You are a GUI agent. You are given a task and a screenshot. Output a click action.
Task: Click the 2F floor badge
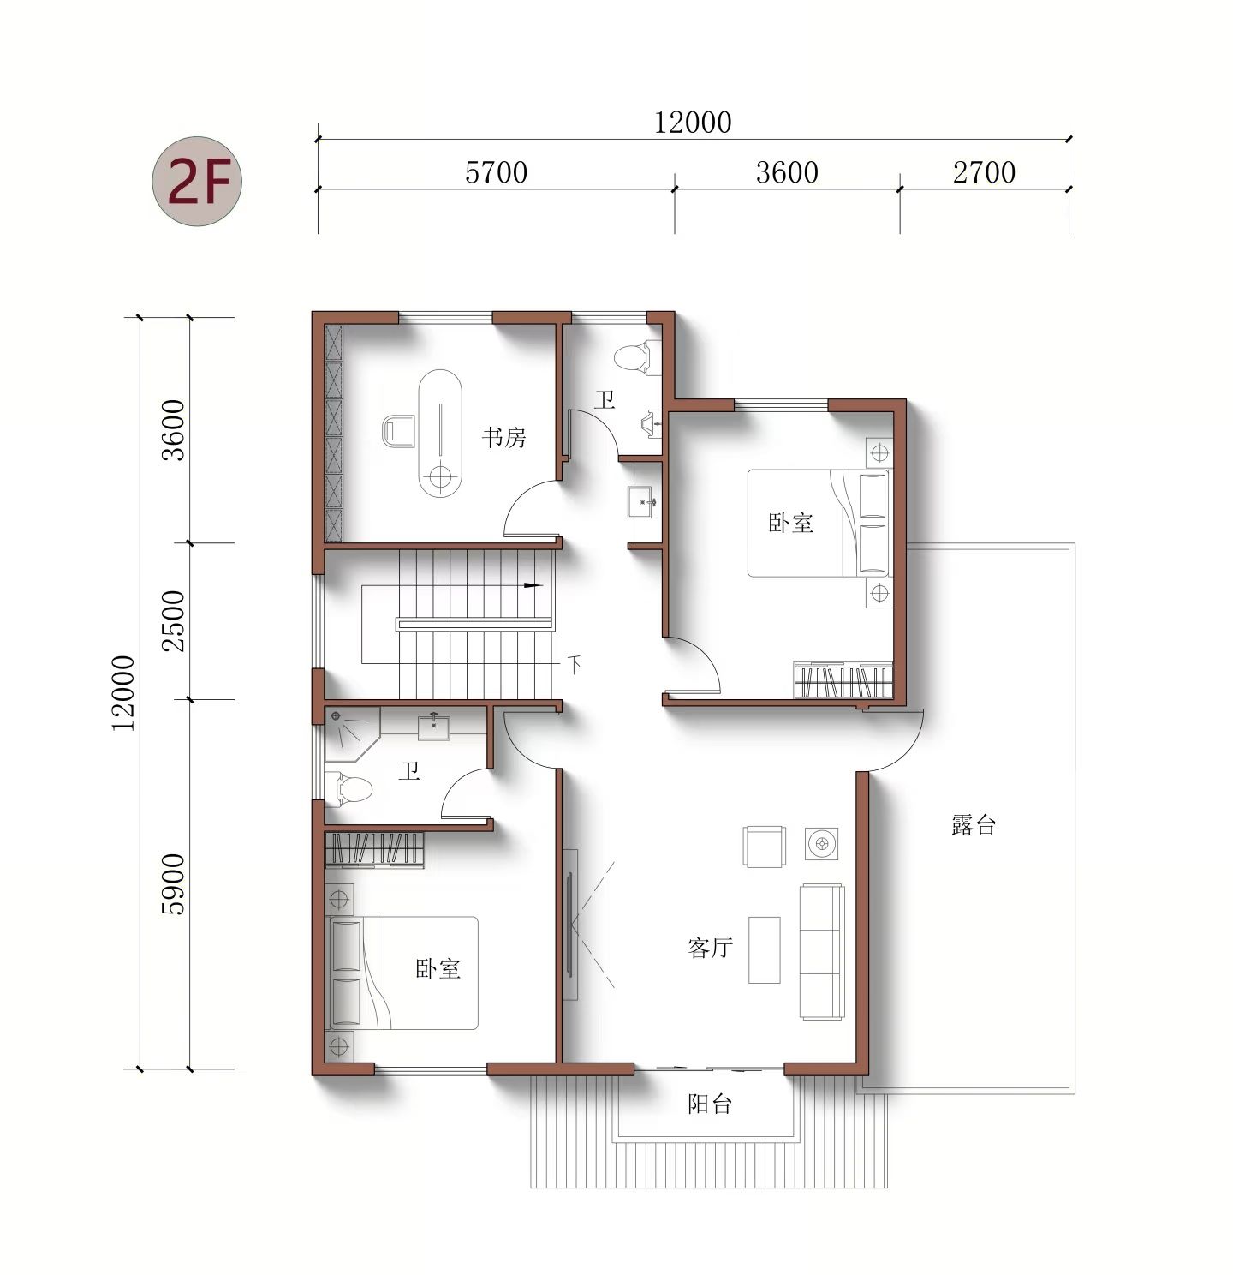pos(198,181)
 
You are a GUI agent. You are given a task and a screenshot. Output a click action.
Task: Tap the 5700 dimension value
pos(496,172)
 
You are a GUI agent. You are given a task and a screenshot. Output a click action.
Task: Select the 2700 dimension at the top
pos(984,172)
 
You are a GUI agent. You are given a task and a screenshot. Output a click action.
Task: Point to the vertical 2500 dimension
pos(174,620)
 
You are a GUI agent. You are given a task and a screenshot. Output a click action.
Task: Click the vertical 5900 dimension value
pos(174,884)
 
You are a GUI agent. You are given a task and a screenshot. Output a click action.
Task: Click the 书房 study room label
pos(503,438)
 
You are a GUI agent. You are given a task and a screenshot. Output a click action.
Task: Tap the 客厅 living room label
pos(710,948)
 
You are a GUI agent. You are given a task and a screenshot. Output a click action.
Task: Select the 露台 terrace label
pos(974,825)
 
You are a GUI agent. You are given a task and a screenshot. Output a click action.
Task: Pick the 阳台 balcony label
pos(710,1104)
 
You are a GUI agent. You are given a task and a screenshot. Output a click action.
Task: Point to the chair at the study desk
pos(397,430)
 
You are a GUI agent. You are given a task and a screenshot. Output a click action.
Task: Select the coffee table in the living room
pos(765,950)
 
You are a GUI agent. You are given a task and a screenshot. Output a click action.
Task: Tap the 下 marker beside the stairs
pos(575,664)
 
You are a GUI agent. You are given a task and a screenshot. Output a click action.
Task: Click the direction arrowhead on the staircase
pos(533,586)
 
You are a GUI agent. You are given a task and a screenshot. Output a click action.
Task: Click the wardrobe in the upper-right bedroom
pos(843,682)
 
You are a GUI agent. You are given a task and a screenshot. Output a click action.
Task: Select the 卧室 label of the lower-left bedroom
pos(438,969)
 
